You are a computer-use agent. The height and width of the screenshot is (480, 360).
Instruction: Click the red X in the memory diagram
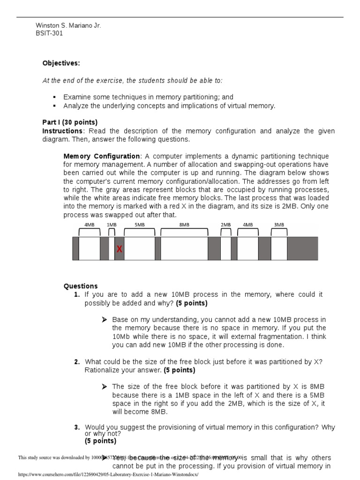pyautogui.click(x=120, y=249)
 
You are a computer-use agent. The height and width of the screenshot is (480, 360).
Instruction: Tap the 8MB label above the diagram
pyautogui.click(x=184, y=225)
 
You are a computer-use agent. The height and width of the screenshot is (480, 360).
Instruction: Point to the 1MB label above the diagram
pyautogui.click(x=112, y=225)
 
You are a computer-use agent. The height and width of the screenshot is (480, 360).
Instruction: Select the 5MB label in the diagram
pyautogui.click(x=139, y=225)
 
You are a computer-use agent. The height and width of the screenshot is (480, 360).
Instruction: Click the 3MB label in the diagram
pyautogui.click(x=279, y=225)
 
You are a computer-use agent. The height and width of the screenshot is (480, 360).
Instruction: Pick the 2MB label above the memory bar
pyautogui.click(x=226, y=225)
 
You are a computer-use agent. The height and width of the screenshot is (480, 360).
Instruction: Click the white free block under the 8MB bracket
pyautogui.click(x=184, y=248)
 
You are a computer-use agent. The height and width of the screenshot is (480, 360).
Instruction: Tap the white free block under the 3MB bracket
pyautogui.click(x=279, y=248)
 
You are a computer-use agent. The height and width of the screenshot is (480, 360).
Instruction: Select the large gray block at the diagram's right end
pyautogui.click(x=302, y=248)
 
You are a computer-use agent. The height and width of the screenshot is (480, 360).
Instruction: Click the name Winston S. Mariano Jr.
pyautogui.click(x=68, y=25)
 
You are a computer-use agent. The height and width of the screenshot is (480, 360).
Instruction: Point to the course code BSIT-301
pyautogui.click(x=49, y=33)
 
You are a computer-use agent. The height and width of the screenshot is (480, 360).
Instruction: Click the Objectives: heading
pyautogui.click(x=61, y=63)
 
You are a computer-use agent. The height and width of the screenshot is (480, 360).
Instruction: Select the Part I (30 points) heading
pyautogui.click(x=70, y=123)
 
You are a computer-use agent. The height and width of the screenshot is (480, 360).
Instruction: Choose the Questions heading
pyautogui.click(x=81, y=286)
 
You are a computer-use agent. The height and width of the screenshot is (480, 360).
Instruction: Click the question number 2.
pyautogui.click(x=77, y=362)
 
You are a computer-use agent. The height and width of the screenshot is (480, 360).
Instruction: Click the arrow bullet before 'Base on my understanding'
pyautogui.click(x=105, y=320)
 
